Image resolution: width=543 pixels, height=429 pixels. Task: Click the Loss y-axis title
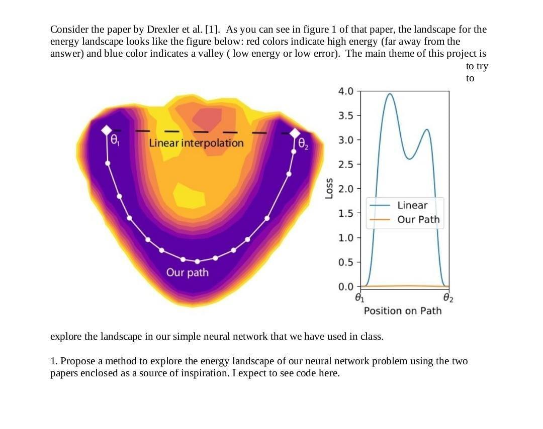(329, 189)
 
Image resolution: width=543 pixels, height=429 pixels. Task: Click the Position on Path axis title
(403, 311)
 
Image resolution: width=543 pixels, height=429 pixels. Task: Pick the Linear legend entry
(412, 205)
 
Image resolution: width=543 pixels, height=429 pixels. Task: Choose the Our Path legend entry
(418, 220)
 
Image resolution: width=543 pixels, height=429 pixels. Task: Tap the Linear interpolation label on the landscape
(196, 143)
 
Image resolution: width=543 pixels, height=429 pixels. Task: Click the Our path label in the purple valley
(187, 272)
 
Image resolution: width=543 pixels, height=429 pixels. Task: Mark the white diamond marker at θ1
(107, 130)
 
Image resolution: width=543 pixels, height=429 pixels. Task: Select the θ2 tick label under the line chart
(448, 298)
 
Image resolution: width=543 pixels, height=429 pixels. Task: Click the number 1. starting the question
(54, 361)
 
